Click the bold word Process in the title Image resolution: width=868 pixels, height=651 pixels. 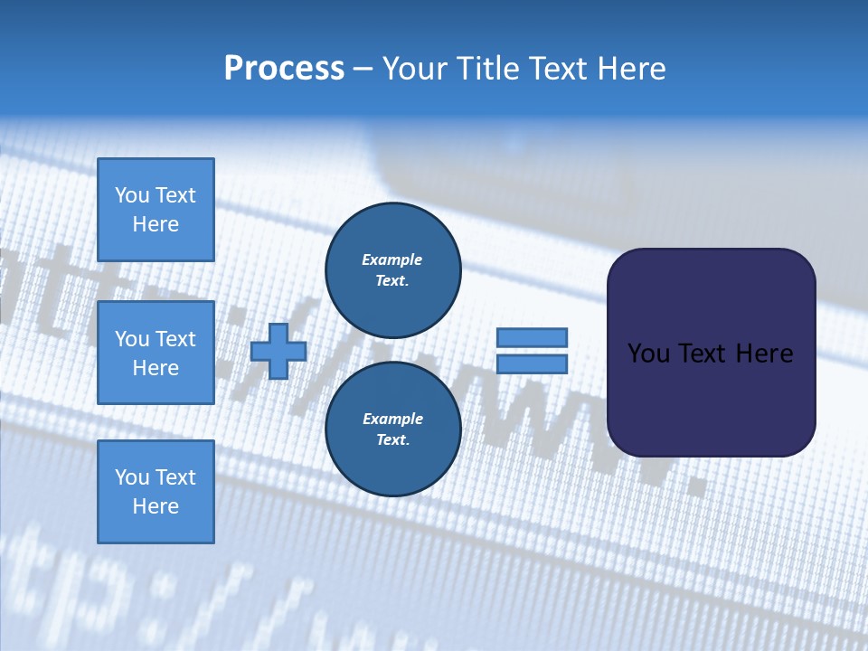[x=284, y=69]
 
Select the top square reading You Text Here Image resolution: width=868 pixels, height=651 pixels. [x=156, y=210]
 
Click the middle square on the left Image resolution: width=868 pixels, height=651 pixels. [x=156, y=353]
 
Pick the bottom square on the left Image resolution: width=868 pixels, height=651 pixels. [x=156, y=491]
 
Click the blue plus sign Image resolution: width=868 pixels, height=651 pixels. [x=278, y=351]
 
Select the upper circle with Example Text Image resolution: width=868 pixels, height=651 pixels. [x=392, y=269]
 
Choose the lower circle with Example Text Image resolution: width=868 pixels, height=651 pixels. [x=392, y=429]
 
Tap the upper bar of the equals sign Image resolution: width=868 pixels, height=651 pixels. [x=533, y=337]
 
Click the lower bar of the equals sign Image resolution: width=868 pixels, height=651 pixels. [x=533, y=363]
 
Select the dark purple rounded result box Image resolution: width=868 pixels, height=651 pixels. [x=711, y=352]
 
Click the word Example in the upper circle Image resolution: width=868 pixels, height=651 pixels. [x=392, y=259]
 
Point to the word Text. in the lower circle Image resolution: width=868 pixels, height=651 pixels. [x=392, y=440]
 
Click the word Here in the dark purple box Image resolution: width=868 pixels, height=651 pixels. [x=764, y=354]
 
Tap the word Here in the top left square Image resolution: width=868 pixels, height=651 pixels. [x=156, y=224]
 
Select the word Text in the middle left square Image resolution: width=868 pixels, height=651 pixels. [x=175, y=339]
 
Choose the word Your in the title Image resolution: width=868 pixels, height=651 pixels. [x=415, y=69]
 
